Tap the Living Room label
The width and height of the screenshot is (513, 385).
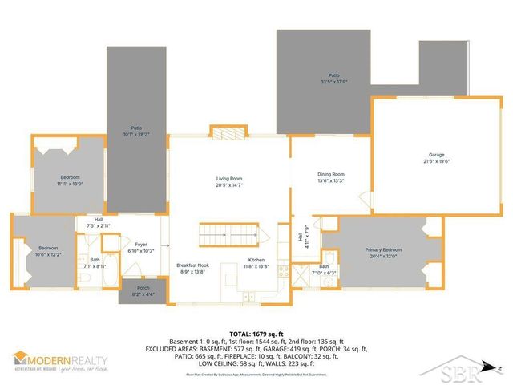coord(229,178)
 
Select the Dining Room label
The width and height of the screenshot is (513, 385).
coord(330,174)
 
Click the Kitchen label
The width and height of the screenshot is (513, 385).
coord(256,261)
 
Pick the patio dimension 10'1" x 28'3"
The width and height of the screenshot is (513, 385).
coord(137,134)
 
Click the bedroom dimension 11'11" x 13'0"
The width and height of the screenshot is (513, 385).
coord(70,183)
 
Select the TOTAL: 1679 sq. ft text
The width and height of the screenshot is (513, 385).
coord(256,334)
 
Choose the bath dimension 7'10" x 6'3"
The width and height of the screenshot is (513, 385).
coord(325,273)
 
